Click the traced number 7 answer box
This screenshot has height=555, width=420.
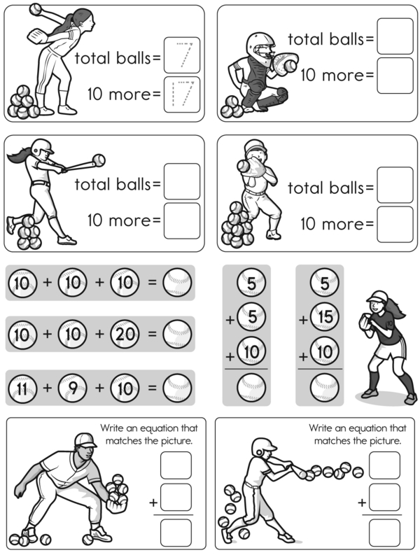[x=182, y=55]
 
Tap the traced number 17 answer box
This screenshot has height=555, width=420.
[x=182, y=94]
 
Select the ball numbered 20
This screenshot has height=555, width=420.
[x=125, y=334]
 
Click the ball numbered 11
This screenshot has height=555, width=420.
[x=22, y=388]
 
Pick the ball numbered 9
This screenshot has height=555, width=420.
[x=73, y=388]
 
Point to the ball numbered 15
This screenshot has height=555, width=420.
[x=325, y=316]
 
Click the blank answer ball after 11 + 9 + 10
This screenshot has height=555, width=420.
[x=177, y=388]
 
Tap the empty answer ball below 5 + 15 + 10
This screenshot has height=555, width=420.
[x=325, y=388]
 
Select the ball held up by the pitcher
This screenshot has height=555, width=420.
[x=36, y=9]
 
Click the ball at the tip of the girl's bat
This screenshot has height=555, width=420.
[x=99, y=160]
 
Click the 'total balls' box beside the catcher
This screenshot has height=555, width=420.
[x=395, y=36]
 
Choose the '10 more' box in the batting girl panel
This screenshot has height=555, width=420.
[x=182, y=221]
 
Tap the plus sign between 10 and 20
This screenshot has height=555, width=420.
[x=99, y=334]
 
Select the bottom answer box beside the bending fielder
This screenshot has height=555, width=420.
[x=176, y=533]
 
